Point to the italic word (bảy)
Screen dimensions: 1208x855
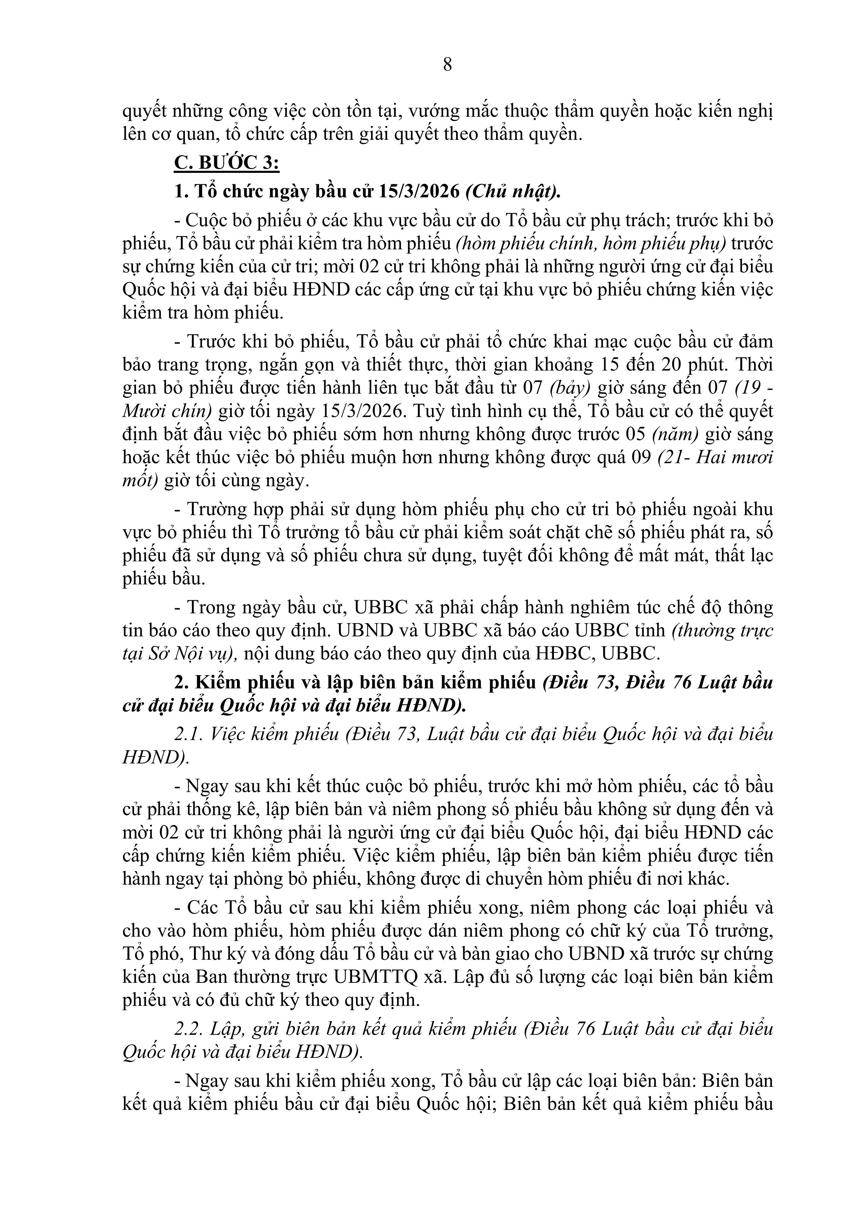coord(570,388)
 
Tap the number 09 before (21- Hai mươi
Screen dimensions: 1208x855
coord(641,457)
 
